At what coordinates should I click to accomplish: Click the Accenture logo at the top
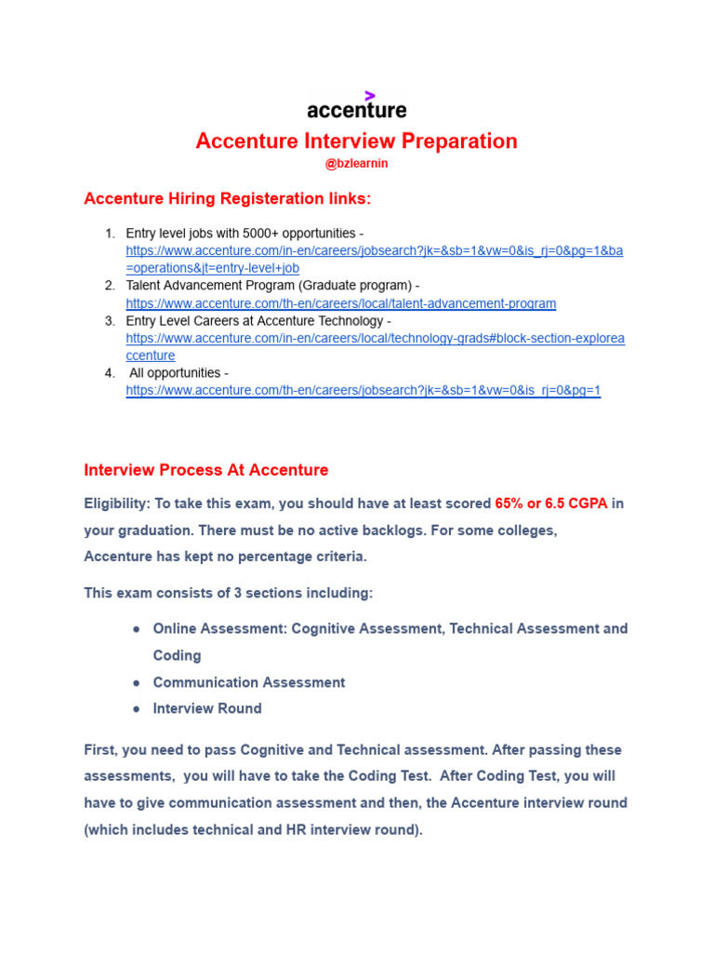tap(357, 110)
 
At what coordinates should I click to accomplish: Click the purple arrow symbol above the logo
tap(370, 95)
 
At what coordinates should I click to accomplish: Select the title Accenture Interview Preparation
tap(356, 141)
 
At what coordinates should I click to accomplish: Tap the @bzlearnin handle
tap(356, 164)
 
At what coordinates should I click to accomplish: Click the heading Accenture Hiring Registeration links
tap(227, 198)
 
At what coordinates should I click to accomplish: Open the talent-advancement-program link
tap(341, 303)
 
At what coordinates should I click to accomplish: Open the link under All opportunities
tap(364, 391)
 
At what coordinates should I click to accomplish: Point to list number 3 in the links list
tap(110, 321)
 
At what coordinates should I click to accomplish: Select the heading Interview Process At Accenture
tap(206, 470)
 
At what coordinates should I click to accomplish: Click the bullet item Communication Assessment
tap(248, 682)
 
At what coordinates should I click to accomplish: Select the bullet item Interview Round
tap(207, 708)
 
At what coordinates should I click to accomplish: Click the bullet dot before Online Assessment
tap(137, 629)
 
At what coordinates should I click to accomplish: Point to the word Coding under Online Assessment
tap(177, 655)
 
